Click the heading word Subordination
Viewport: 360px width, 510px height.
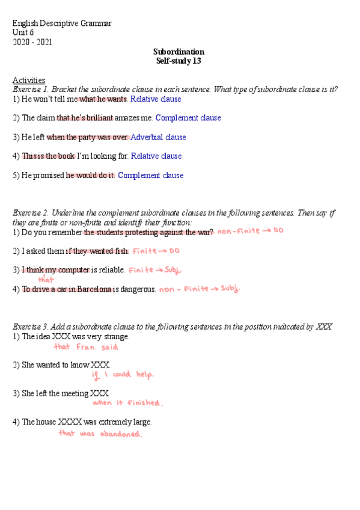click(178, 52)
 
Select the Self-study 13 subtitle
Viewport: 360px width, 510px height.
click(178, 61)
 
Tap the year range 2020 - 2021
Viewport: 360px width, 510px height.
click(32, 42)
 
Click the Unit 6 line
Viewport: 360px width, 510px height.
click(23, 32)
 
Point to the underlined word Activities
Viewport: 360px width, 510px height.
click(28, 80)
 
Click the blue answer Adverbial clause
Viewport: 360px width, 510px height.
click(158, 137)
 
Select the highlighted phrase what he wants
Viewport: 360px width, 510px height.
click(103, 99)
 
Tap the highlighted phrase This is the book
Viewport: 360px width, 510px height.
click(48, 156)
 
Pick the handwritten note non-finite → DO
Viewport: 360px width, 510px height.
click(250, 232)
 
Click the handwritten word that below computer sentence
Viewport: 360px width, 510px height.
click(46, 280)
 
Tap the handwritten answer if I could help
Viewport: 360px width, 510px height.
click(123, 375)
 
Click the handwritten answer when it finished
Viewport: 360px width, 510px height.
click(127, 403)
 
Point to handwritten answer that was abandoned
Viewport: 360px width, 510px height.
click(100, 434)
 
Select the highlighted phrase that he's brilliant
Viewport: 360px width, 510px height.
click(85, 118)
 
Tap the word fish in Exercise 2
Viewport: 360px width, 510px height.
click(121, 251)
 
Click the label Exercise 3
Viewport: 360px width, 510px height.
click(30, 327)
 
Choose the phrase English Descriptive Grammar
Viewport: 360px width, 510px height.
click(62, 23)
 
